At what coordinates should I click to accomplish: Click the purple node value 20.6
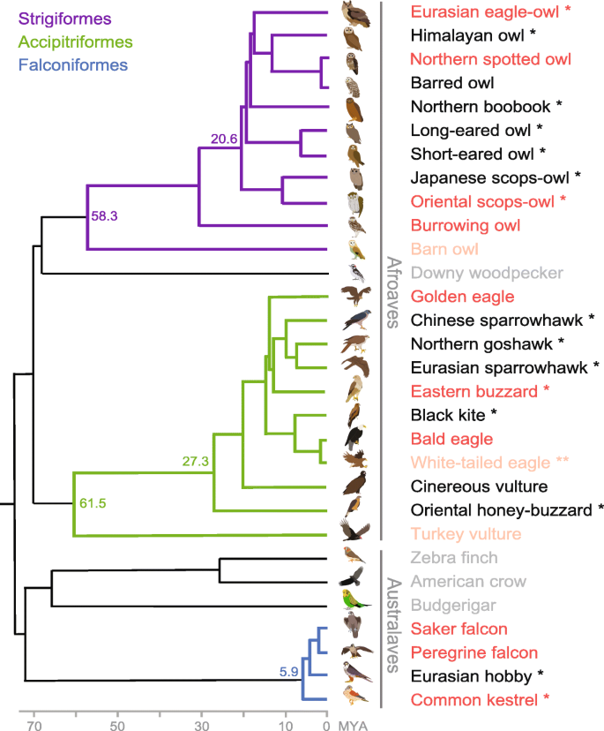coord(226,136)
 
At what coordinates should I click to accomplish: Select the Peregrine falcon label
coord(474,653)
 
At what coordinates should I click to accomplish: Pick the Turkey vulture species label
coord(466,534)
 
